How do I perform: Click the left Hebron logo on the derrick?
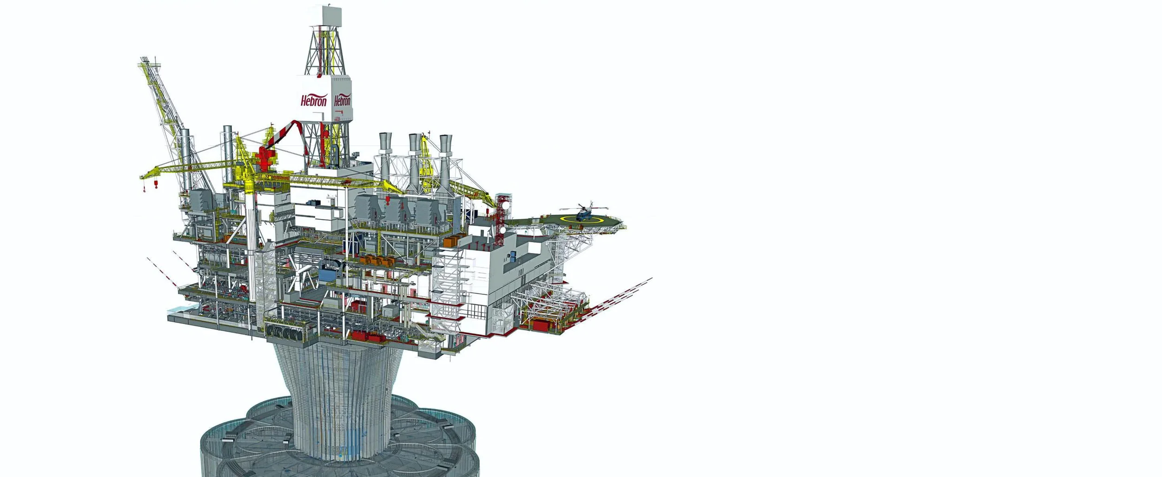coord(314,100)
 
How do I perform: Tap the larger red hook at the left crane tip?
coord(156,185)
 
